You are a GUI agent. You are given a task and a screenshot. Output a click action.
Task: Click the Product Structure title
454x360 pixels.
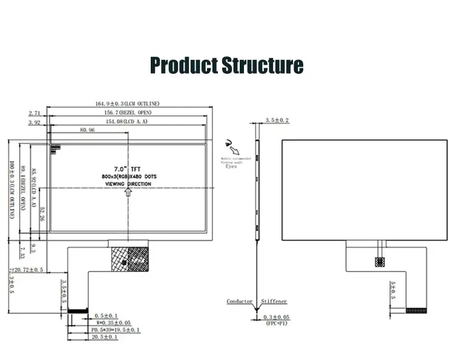pos(226,65)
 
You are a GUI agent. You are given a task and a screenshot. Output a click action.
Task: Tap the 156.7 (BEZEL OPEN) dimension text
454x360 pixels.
pos(128,113)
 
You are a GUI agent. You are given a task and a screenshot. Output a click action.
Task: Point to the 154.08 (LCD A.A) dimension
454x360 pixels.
pos(127,122)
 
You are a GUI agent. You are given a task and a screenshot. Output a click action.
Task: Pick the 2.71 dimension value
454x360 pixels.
pos(35,113)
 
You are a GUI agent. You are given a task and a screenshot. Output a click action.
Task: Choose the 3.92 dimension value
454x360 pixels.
pos(35,122)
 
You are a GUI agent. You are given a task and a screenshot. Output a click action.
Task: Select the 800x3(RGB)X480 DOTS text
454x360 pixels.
pos(129,175)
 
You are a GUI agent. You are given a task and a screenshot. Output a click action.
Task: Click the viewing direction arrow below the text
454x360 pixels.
pos(128,191)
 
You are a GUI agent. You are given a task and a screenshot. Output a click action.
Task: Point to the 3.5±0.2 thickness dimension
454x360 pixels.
pos(277,121)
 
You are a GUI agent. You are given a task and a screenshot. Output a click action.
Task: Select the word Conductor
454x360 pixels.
pos(240,301)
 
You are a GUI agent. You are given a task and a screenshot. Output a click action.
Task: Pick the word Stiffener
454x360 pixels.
pos(274,301)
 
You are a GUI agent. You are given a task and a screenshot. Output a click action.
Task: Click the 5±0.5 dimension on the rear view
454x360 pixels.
pos(393,290)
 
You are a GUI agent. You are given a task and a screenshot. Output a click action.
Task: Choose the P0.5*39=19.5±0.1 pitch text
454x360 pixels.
pos(115,330)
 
